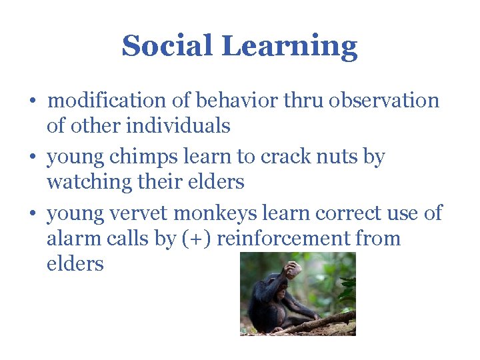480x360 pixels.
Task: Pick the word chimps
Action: pyautogui.click(x=134, y=157)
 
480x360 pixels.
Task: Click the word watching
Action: pyautogui.click(x=89, y=182)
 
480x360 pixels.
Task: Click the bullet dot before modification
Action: pyautogui.click(x=33, y=102)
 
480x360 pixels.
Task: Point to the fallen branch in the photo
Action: pyautogui.click(x=320, y=323)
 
